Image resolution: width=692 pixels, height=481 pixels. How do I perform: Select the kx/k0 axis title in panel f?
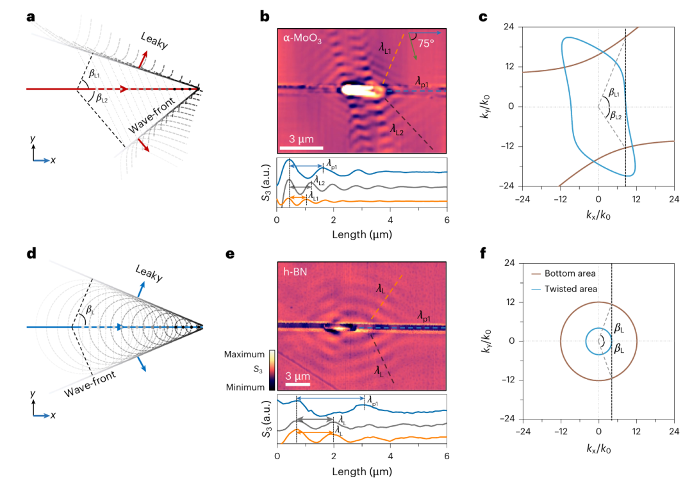click(598, 450)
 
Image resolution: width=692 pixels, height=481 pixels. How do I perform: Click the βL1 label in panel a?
click(95, 74)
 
